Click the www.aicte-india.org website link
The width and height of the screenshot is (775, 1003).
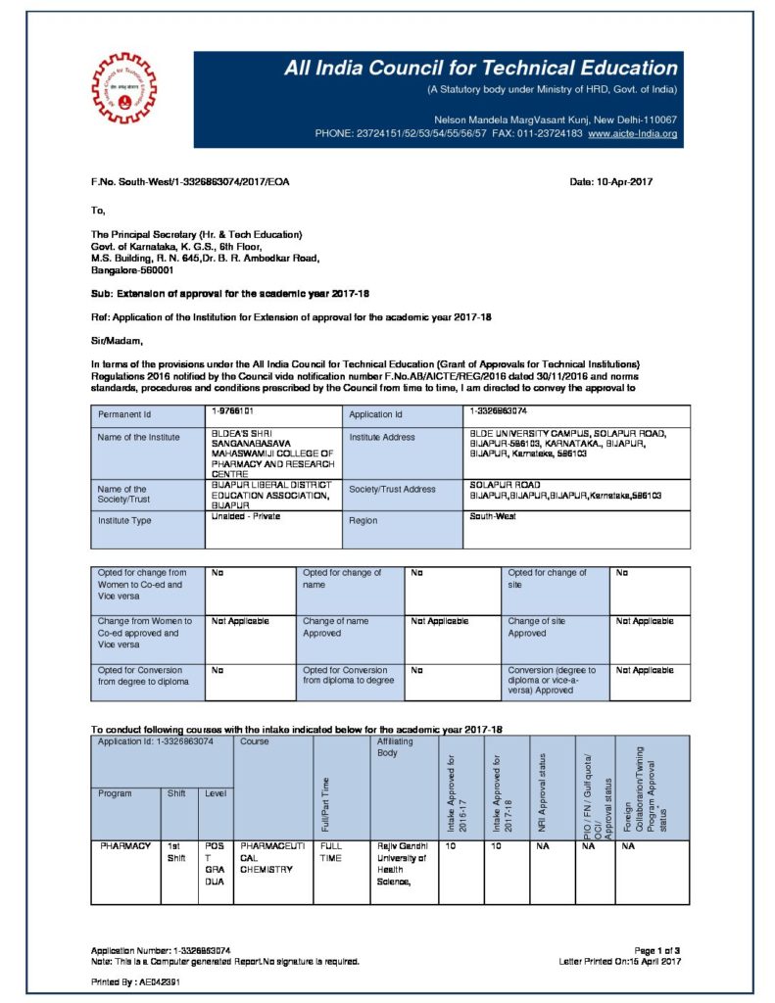click(633, 132)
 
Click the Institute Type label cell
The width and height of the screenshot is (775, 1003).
click(124, 520)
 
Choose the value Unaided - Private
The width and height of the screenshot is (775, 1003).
click(246, 516)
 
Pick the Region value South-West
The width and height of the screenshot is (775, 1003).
click(494, 516)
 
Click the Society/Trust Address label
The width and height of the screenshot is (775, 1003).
click(393, 489)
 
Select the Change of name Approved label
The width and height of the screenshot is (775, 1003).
click(336, 627)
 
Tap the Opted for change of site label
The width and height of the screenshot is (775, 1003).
click(548, 579)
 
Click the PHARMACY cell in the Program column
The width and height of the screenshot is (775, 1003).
click(124, 843)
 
